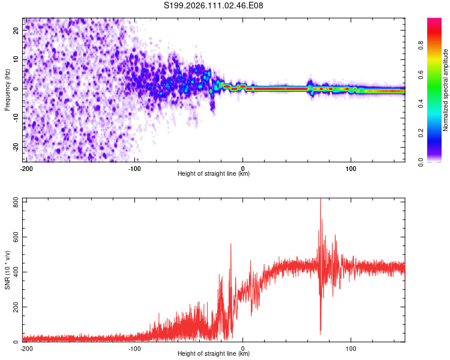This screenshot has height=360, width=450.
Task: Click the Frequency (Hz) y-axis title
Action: [x=8, y=89]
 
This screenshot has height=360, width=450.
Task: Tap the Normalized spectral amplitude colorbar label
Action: [x=446, y=90]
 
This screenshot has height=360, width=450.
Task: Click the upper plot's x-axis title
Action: [x=214, y=174]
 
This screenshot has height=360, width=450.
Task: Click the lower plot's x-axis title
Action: [x=214, y=354]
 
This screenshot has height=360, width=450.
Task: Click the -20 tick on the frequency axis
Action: [x=15, y=147]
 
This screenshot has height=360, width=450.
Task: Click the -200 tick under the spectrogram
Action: [x=26, y=168]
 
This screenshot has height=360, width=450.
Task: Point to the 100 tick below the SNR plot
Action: [x=351, y=348]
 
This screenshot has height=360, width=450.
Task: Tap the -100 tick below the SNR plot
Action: [x=134, y=348]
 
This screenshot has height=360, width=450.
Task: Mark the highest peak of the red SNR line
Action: [x=320, y=199]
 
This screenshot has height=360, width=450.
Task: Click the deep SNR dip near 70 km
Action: [x=320, y=333]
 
